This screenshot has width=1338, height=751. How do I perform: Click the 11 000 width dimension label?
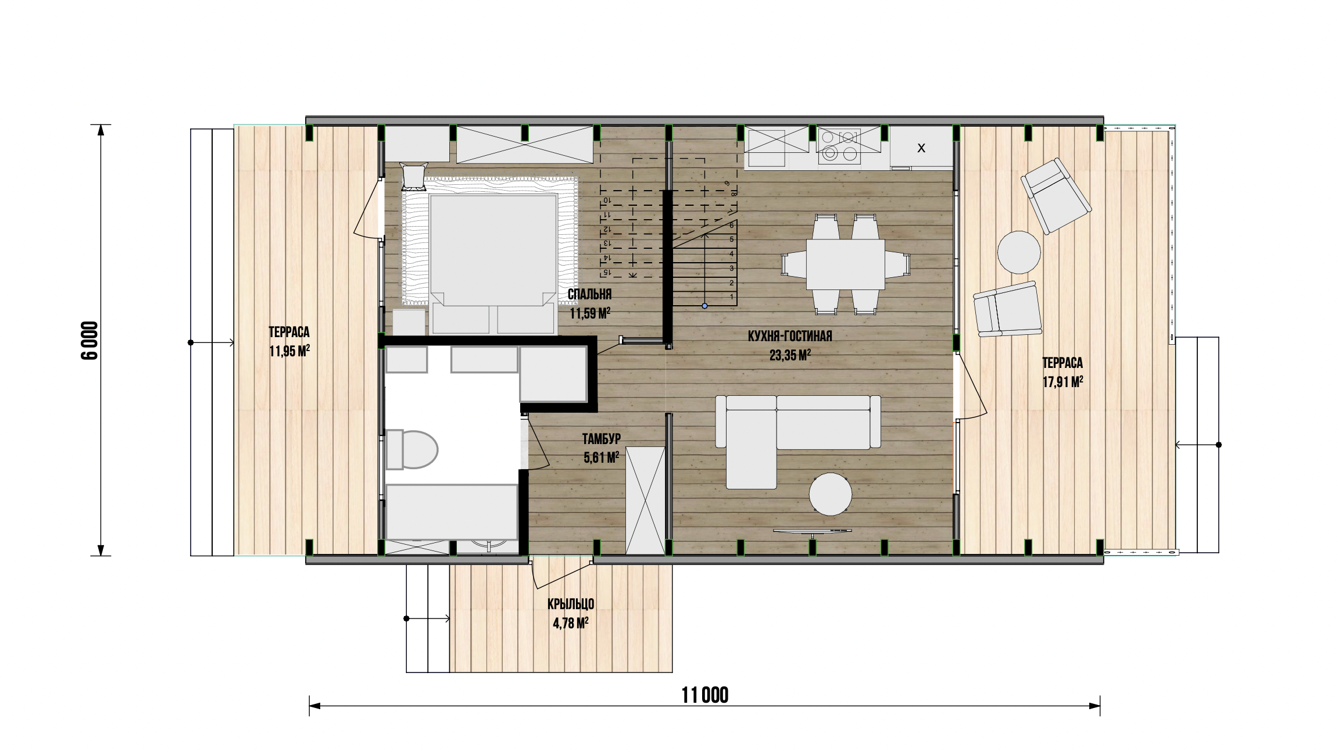pos(705,695)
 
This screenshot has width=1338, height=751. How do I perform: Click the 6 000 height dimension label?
pos(90,341)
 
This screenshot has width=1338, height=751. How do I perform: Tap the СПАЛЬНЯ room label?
pos(590,295)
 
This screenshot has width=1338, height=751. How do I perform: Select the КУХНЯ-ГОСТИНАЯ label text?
pos(790,336)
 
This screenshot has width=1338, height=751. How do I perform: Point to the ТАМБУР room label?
pos(602,438)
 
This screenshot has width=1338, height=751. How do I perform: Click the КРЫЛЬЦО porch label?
pos(571,603)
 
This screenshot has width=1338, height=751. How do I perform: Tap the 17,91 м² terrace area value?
pos(1062,382)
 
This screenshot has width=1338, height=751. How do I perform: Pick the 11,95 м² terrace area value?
pos(289,352)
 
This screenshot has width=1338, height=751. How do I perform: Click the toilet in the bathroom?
pos(412,449)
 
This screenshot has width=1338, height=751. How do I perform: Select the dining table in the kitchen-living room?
pos(846,264)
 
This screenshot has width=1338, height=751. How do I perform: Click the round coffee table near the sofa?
pos(831,494)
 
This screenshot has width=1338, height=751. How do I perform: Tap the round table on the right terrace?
pos(1019,252)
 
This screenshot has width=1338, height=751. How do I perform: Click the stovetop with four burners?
pos(839,145)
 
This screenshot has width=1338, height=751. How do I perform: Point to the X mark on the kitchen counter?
pos(921,148)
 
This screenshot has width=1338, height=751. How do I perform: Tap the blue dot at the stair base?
pos(704,305)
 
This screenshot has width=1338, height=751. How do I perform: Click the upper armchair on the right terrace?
pos(1057,196)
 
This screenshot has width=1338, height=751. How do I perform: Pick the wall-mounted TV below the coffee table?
pos(813,531)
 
